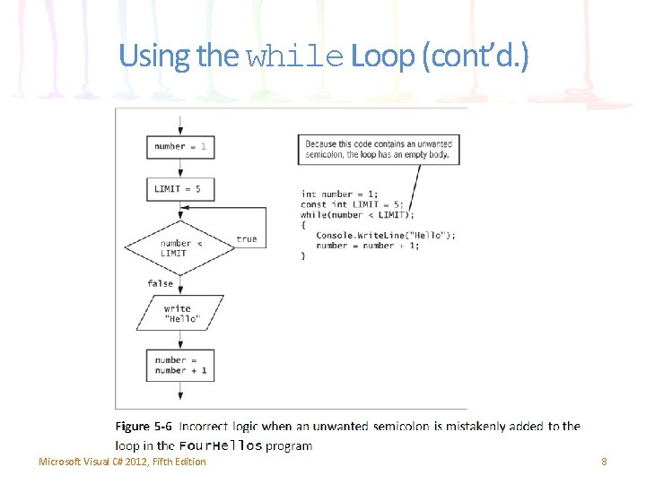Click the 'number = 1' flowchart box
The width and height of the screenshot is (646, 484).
coord(180,146)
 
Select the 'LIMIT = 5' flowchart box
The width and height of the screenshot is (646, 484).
coord(180,189)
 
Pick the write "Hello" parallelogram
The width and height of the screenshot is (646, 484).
coord(181,314)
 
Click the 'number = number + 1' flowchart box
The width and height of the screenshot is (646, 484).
coord(180,366)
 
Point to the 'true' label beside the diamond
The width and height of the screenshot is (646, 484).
coord(247,239)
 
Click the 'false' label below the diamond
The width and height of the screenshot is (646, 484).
coord(161,283)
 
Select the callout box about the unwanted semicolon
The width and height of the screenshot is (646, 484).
coord(379,149)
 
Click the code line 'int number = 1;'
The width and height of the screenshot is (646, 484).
coord(339,194)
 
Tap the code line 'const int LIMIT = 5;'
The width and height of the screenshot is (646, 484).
coord(352,204)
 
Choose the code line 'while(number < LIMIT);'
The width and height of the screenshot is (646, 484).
coord(357,214)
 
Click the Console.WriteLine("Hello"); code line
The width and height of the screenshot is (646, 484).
coord(385,235)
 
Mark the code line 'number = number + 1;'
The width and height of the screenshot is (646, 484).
coord(367,246)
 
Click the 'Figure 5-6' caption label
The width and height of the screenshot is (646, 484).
coord(144,427)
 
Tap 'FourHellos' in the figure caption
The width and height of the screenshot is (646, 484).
coord(221,445)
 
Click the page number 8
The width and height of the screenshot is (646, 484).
coord(604,462)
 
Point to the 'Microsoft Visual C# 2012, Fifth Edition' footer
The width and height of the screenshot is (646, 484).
coord(122,462)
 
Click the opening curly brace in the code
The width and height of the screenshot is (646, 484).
coord(303,225)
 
